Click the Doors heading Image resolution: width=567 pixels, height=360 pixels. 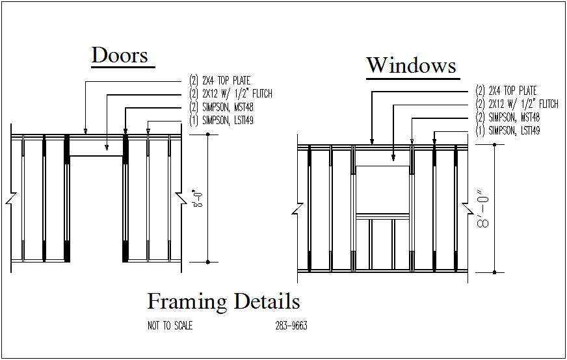coord(120,55)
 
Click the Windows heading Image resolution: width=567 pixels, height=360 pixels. coord(411,66)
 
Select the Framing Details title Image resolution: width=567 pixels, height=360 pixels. coord(223,302)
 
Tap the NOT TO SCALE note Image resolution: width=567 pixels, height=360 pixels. coord(170,326)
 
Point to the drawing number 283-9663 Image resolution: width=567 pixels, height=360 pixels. coord(291,326)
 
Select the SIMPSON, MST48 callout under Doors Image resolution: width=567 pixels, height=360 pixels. coord(220,107)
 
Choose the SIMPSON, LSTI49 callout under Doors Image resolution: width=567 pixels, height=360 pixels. coord(220,120)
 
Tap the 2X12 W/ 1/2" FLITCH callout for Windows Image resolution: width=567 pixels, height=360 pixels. coord(516,104)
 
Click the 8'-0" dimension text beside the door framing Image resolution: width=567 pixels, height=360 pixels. coord(195,198)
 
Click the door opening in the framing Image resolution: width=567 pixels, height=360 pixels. coord(96,208)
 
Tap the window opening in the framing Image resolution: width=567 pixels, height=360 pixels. coord(383,189)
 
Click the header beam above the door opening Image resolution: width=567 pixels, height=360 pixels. coord(96,146)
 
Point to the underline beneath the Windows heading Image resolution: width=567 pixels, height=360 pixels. coord(411,79)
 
